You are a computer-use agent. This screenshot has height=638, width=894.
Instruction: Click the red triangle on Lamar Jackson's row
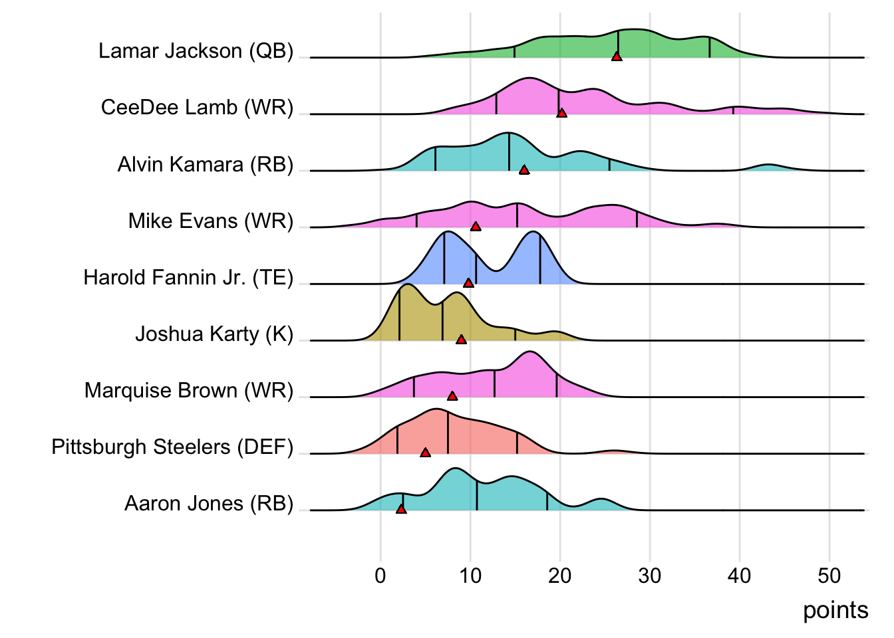pos(617,56)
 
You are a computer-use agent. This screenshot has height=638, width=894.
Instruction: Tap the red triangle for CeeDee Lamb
pos(561,113)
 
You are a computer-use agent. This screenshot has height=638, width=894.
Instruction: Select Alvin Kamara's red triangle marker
pos(524,170)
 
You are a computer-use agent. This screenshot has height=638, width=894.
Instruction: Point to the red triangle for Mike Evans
pos(476,227)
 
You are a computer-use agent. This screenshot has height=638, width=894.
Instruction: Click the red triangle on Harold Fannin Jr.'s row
pos(468,283)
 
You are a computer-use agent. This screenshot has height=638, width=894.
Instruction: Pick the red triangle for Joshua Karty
pos(461,340)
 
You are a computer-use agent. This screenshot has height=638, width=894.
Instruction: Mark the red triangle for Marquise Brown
pos(452,396)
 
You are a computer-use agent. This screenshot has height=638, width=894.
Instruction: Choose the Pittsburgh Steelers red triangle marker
pos(425,453)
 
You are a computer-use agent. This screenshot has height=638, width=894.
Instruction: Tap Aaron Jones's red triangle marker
pos(401,509)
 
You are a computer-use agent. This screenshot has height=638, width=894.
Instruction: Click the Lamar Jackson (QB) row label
pos(196,51)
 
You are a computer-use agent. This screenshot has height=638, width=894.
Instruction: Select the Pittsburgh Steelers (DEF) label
pos(172,447)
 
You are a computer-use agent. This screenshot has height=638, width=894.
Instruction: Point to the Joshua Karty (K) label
pos(214,334)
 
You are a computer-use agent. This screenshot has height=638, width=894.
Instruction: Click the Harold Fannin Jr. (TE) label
pos(188,277)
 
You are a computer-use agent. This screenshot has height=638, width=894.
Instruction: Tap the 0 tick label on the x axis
pos(380,576)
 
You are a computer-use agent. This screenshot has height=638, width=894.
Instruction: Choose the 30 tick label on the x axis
pos(650,576)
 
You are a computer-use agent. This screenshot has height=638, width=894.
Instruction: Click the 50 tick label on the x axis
pos(829,576)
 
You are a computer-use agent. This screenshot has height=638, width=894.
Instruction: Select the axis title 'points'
pos(835,610)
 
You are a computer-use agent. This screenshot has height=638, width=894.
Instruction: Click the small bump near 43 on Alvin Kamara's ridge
pos(768,166)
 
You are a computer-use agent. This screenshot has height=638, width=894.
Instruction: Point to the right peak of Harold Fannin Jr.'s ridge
pos(533,234)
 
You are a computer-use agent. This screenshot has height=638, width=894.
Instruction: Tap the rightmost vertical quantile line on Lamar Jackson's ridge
pos(709,47)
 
